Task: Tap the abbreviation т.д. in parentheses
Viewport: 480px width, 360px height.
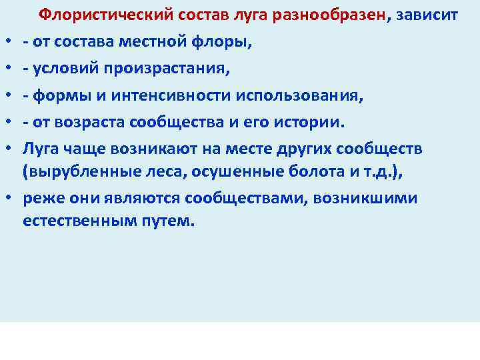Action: pyautogui.click(x=380, y=173)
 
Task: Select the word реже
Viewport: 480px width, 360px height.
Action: pyautogui.click(x=39, y=199)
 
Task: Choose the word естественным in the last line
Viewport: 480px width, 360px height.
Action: pyautogui.click(x=75, y=220)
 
